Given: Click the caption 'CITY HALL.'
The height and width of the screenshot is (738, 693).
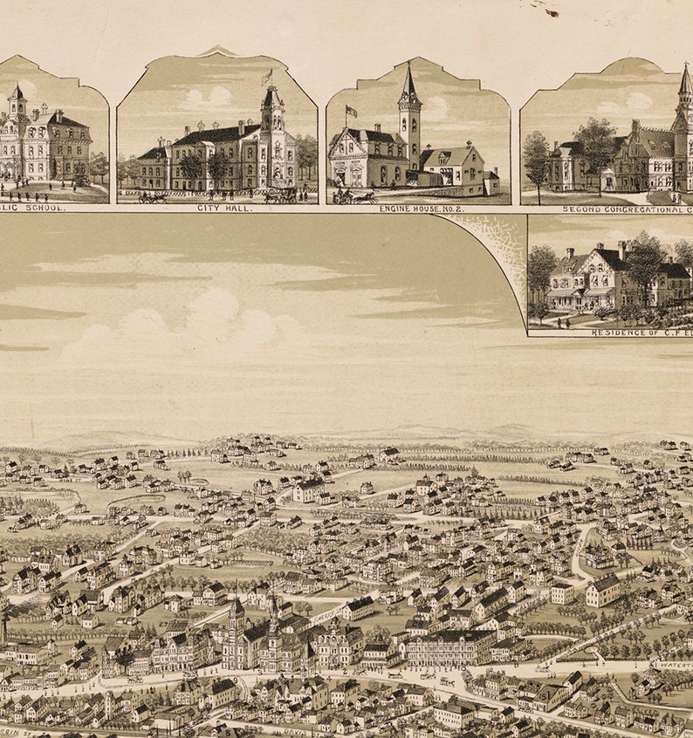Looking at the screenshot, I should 216,208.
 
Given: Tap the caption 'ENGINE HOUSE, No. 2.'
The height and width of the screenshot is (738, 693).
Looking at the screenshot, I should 417,208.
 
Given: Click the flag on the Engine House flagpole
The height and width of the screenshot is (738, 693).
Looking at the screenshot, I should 352,111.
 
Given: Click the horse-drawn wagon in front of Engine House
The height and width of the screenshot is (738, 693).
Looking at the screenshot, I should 354,197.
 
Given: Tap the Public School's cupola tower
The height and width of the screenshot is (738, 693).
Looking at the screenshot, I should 17,101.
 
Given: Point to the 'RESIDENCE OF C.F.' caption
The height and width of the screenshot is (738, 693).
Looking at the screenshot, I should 641,332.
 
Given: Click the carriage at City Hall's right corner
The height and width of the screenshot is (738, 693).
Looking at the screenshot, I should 281,195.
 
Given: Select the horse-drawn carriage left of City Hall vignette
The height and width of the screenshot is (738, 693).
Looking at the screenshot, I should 152,197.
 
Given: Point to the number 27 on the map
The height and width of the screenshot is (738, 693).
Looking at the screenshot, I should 164,625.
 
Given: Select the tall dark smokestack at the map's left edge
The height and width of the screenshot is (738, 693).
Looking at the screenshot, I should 3,627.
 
